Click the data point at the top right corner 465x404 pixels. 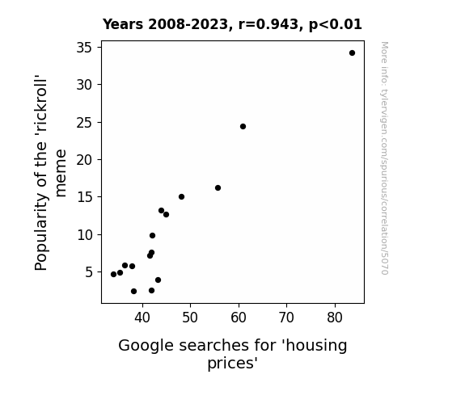pos(352,53)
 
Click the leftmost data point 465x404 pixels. pos(113,274)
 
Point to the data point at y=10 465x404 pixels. pos(152,236)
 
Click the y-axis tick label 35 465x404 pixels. pos(85,48)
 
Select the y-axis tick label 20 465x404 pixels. pos(85,160)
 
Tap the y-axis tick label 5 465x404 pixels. pos(89,272)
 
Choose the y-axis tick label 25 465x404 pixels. pos(85,123)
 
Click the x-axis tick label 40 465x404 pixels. pos(142,318)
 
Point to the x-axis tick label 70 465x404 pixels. pos(287,318)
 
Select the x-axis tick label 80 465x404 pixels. pos(335,318)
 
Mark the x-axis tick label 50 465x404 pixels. pos(190,318)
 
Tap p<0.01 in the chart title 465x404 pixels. pos(336,25)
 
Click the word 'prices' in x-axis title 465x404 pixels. pos(232,363)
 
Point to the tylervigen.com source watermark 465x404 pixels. pos(384,158)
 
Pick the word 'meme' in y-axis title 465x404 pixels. pos(61,174)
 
